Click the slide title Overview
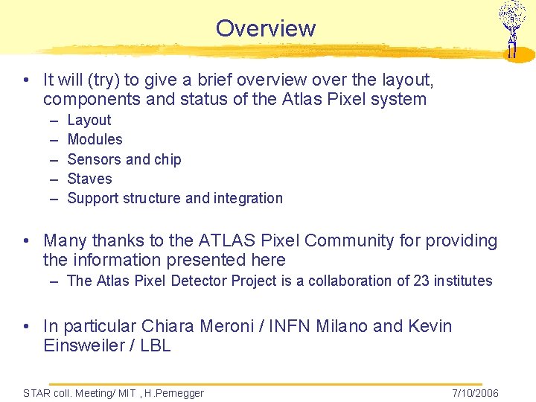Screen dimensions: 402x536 pyautogui.click(x=266, y=28)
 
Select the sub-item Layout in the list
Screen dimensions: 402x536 pyautogui.click(x=89, y=120)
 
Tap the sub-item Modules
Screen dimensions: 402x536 pyautogui.click(x=95, y=139)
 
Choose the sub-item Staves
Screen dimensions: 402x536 pyautogui.click(x=89, y=179)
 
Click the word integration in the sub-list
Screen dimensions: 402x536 pyautogui.click(x=249, y=198)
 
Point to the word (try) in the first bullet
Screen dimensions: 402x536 pyautogui.click(x=102, y=80)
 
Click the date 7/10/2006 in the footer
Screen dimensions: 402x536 pyautogui.click(x=474, y=393)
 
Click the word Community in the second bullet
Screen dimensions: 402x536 pyautogui.click(x=348, y=240)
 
